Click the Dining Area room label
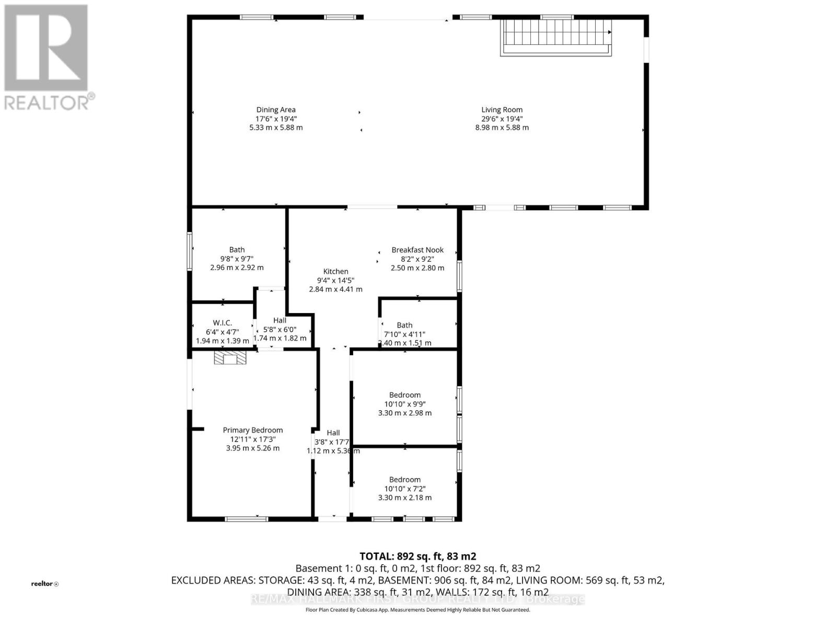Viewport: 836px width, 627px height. tap(276, 110)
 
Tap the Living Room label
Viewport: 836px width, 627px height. tap(502, 110)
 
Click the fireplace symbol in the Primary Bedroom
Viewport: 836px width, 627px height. tap(230, 358)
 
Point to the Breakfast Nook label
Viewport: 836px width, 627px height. tap(417, 250)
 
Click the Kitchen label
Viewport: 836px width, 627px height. tap(335, 271)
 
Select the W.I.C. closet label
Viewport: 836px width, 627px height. tap(222, 323)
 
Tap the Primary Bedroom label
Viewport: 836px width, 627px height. tap(253, 430)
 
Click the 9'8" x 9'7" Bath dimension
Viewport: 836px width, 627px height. tap(237, 259)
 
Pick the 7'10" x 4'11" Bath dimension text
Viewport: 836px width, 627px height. tap(404, 334)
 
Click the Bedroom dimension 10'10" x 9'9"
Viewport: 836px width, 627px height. tap(405, 404)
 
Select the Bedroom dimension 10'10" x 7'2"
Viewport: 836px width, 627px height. tap(405, 489)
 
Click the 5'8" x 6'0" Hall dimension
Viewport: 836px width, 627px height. tap(280, 329)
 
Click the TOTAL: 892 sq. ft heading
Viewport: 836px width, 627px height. tap(417, 556)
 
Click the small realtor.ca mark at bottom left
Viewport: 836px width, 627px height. tap(45, 584)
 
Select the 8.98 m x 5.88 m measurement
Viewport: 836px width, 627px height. tap(502, 127)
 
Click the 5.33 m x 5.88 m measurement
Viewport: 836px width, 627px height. tap(276, 127)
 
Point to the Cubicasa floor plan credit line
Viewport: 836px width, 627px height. tap(417, 610)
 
